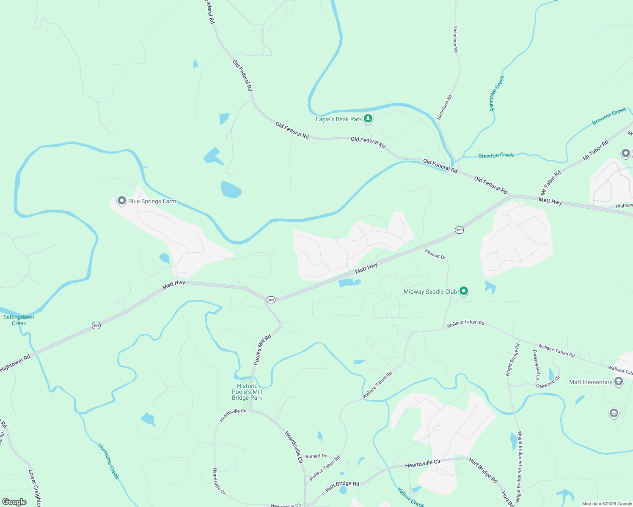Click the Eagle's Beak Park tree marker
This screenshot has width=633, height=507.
click(368, 119)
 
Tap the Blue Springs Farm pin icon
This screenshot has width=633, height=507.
click(122, 201)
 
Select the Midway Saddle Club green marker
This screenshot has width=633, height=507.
click(464, 291)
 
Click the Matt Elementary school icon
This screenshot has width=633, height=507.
click(619, 382)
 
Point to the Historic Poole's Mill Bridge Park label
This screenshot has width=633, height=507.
click(247, 392)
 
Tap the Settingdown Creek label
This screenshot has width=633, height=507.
click(19, 320)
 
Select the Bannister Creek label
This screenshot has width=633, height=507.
click(497, 93)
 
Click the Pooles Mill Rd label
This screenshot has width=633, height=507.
click(262, 350)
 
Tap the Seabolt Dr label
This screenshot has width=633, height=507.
click(435, 254)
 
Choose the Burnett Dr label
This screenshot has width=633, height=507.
click(316, 456)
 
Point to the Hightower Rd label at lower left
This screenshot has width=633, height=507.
click(15, 363)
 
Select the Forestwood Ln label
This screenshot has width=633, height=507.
click(537, 364)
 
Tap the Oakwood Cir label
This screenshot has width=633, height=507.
click(548, 382)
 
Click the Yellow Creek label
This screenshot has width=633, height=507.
click(410, 497)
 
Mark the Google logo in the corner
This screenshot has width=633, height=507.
click(14, 502)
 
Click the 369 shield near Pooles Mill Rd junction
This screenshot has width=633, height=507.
click(271, 300)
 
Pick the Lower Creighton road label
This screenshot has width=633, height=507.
click(35, 488)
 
